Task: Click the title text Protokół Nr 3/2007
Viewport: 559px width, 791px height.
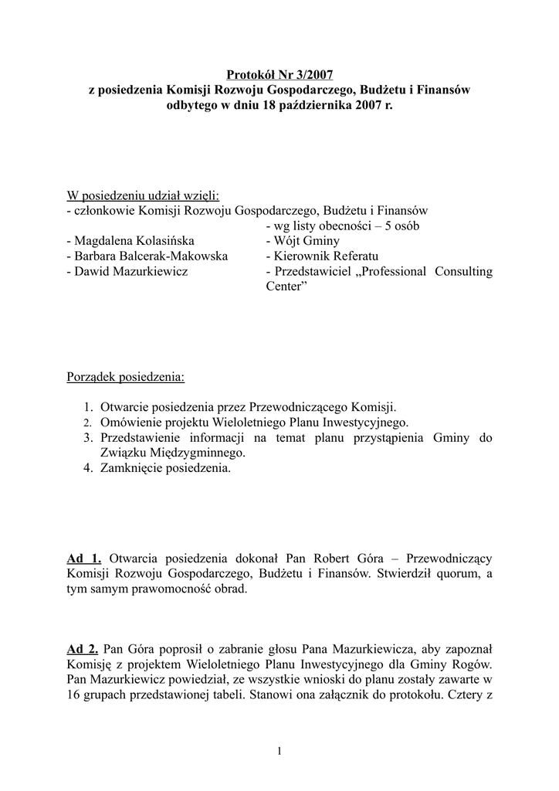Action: tap(279, 75)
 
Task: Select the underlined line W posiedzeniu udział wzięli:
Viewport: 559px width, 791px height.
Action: tap(143, 195)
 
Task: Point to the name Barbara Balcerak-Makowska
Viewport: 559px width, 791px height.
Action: tap(147, 256)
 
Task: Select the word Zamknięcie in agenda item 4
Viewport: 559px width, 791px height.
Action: tap(130, 468)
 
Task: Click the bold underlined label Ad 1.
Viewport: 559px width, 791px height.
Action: tap(84, 558)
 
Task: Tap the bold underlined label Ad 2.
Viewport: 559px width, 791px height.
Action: tap(83, 648)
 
